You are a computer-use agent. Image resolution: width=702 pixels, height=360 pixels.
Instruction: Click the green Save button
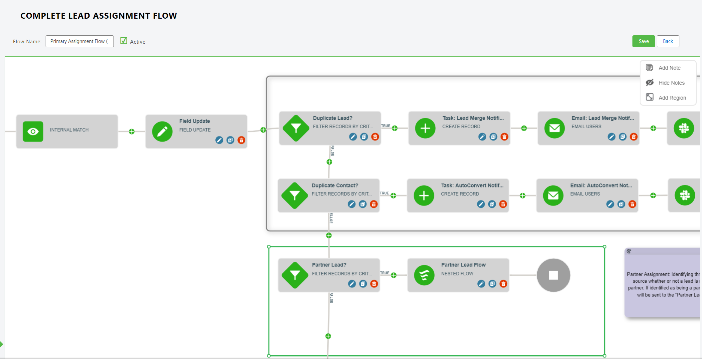pos(643,41)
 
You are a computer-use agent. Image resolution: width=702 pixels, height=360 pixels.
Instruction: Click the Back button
pos(667,41)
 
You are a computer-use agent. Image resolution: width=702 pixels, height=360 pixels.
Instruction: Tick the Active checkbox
pos(124,41)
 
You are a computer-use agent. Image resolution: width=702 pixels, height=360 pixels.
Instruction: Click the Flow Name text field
pos(80,41)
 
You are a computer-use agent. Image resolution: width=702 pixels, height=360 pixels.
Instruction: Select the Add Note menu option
pos(669,68)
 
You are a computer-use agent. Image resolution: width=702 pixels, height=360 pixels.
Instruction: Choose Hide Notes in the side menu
pos(671,83)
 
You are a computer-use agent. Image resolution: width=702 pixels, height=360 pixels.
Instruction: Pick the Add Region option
pos(672,98)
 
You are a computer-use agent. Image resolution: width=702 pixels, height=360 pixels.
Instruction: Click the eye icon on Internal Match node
pos(33,132)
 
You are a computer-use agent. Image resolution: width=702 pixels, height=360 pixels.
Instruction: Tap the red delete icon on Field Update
pos(241,140)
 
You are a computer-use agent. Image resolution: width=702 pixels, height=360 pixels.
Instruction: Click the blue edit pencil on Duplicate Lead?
pos(353,137)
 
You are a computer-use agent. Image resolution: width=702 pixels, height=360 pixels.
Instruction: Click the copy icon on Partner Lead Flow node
pos(492,284)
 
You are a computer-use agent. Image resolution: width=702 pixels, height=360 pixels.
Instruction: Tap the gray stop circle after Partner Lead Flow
pos(553,275)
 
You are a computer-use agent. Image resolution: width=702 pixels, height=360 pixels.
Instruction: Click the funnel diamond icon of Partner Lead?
pos(295,275)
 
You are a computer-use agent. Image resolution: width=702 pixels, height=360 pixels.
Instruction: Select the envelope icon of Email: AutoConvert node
pos(553,195)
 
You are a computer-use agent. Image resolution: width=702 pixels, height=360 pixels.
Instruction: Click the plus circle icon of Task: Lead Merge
pos(425,128)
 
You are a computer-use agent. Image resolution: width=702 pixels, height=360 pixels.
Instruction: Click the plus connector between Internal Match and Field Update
pos(132,132)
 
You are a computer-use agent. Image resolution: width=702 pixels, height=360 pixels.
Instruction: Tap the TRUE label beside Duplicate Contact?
pos(384,193)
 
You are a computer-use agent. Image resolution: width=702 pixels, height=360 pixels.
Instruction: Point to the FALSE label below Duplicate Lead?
pos(332,151)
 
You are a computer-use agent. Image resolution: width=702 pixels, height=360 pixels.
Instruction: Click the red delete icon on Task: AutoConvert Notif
pos(503,204)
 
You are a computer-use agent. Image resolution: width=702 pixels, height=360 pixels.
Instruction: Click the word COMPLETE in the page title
pos(43,16)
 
